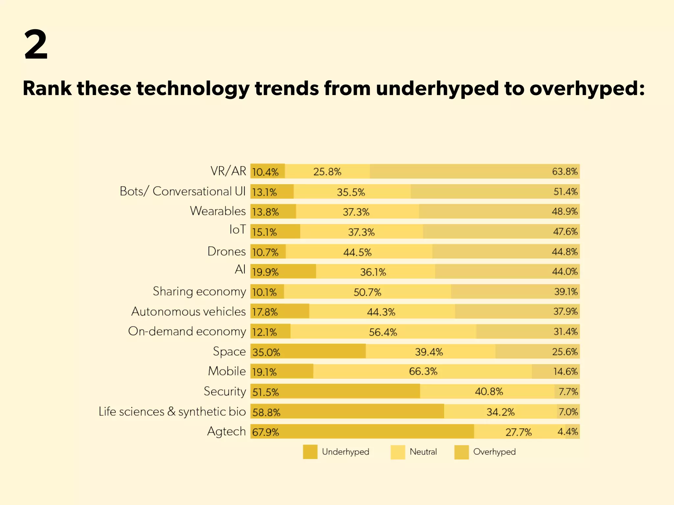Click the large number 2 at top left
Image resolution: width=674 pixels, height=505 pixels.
pyautogui.click(x=36, y=44)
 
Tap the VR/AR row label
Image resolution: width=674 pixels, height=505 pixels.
pyautogui.click(x=228, y=171)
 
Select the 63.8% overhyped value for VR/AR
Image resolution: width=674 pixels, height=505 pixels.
pyautogui.click(x=564, y=172)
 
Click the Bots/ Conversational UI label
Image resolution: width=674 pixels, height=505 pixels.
pyautogui.click(x=182, y=191)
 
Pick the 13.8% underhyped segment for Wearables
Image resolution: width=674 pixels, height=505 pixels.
pyautogui.click(x=273, y=212)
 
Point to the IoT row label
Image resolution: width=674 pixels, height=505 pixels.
pyautogui.click(x=237, y=230)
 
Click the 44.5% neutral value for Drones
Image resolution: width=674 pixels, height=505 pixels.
pyautogui.click(x=357, y=252)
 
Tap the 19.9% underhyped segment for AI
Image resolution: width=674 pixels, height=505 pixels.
pyautogui.click(x=283, y=272)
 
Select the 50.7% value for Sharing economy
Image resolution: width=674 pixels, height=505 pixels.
pyautogui.click(x=367, y=292)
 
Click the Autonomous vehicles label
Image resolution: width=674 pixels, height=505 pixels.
pyautogui.click(x=188, y=311)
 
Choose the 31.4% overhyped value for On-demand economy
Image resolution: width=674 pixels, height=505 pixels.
pyautogui.click(x=565, y=332)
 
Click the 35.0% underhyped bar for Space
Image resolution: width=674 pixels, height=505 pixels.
pyautogui.click(x=308, y=352)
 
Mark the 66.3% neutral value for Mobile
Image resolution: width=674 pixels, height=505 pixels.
pyautogui.click(x=423, y=372)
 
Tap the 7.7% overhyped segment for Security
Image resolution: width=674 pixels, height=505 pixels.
pyautogui.click(x=568, y=392)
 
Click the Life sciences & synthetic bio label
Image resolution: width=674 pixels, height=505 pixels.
pyautogui.click(x=172, y=412)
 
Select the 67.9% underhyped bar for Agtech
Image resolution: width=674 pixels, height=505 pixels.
pyautogui.click(x=362, y=432)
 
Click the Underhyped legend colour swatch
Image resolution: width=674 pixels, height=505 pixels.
pyautogui.click(x=310, y=452)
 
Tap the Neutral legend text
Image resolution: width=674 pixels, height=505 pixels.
pyautogui.click(x=423, y=452)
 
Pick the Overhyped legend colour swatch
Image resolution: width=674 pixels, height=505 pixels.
pyautogui.click(x=461, y=452)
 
